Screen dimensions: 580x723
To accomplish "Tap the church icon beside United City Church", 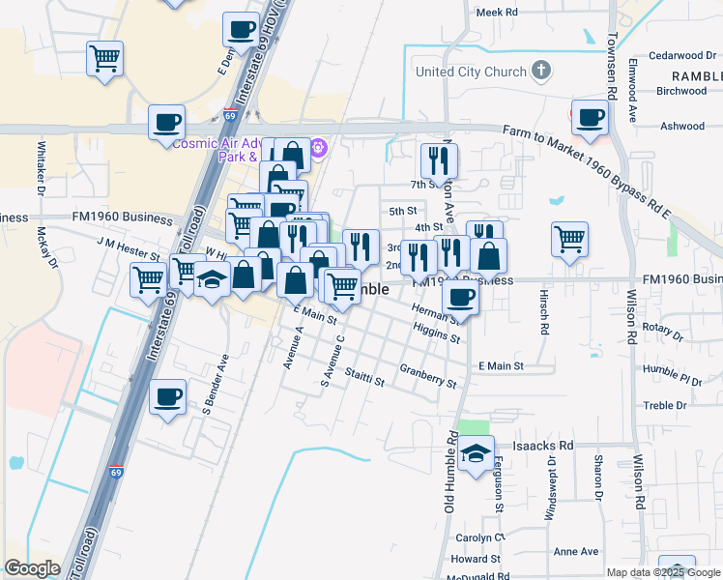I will coord(541,71).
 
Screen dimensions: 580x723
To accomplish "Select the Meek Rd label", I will coord(498,13).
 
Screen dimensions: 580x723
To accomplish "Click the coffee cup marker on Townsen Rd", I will coord(589,118).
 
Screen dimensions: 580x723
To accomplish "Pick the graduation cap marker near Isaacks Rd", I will coord(475,453).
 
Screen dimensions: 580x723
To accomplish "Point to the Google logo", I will coord(33,567).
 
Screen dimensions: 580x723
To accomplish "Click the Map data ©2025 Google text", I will coord(663,573).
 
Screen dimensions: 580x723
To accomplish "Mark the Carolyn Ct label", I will coord(486,536).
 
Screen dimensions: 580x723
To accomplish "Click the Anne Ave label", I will coord(576,551).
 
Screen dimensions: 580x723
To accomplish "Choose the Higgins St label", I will coord(436,332).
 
